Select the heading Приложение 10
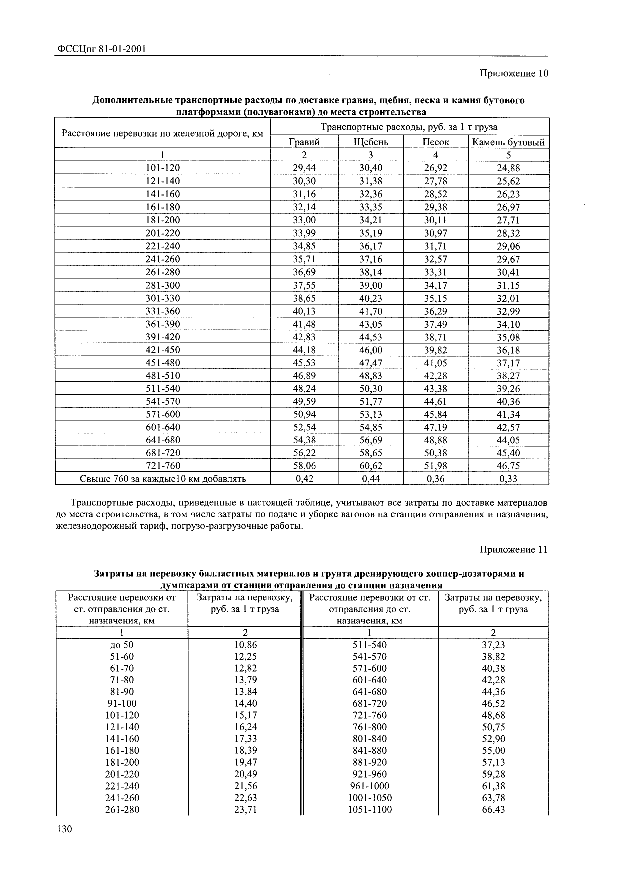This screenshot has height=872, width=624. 514,73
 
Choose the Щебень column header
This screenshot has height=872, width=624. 371,142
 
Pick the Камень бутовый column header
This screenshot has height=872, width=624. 508,142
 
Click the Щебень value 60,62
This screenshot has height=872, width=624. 371,466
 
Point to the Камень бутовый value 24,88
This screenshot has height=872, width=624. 508,168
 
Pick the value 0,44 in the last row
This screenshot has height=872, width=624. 371,479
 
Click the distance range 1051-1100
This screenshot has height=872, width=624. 370,810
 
